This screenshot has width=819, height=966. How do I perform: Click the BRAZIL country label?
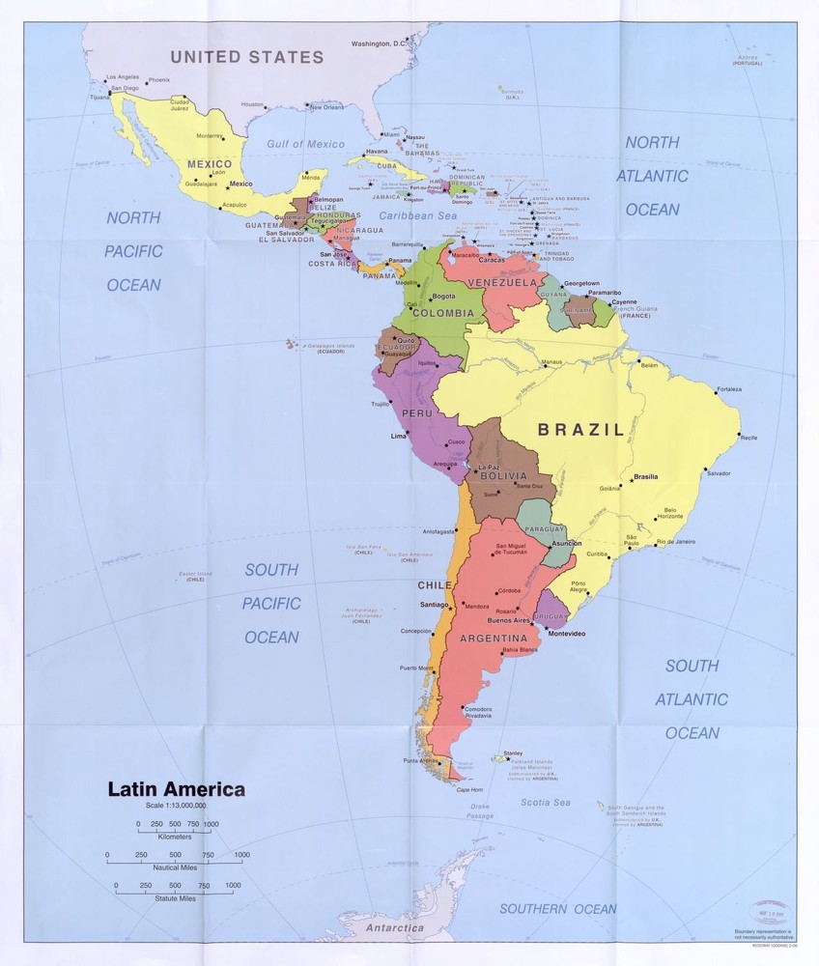click(x=580, y=430)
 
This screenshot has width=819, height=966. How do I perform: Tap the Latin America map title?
click(x=176, y=789)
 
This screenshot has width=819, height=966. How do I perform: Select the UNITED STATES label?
click(x=247, y=57)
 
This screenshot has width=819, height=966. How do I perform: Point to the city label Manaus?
click(x=551, y=362)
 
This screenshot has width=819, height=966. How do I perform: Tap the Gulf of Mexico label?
click(x=305, y=144)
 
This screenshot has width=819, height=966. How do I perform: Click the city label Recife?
click(x=749, y=438)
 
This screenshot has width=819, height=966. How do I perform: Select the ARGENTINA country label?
click(x=493, y=639)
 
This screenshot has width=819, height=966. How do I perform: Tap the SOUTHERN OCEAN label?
click(x=557, y=908)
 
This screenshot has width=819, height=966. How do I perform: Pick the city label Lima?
click(x=398, y=437)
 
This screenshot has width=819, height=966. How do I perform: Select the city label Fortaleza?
click(x=729, y=389)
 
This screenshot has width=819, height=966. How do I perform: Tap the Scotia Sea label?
click(x=546, y=802)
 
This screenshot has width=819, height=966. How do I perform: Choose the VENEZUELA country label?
click(x=502, y=283)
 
